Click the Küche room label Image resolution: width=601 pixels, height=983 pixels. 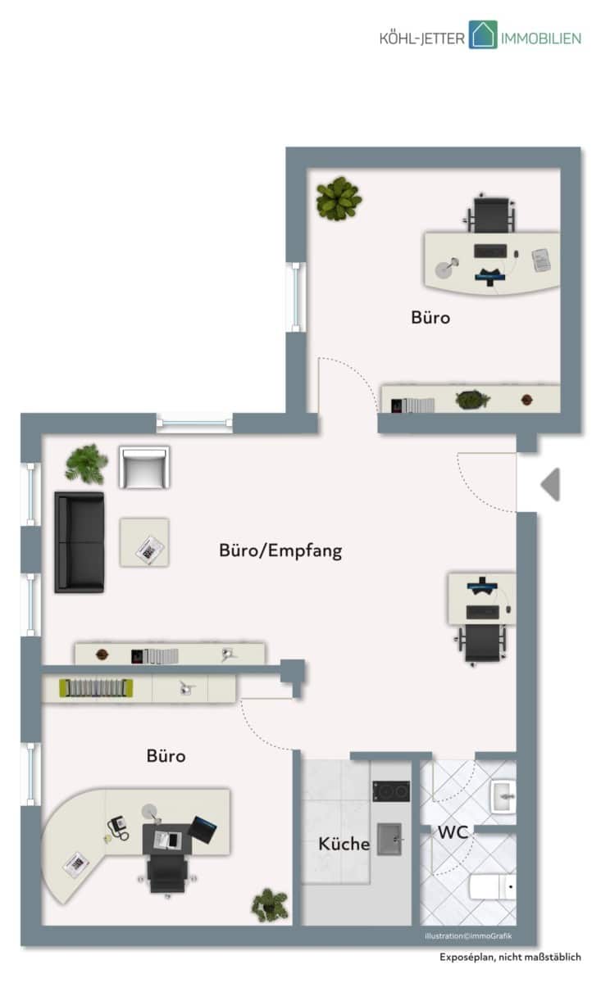click(344, 843)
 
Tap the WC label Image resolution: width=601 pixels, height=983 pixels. click(453, 832)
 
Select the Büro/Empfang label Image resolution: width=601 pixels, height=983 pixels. click(280, 550)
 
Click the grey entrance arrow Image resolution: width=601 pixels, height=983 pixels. click(550, 484)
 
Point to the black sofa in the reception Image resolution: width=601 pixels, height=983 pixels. click(79, 542)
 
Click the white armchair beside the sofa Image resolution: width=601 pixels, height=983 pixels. click(144, 468)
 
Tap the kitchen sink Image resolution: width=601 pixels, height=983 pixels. click(389, 839)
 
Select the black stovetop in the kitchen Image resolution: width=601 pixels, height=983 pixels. click(391, 790)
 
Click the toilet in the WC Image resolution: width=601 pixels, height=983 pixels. click(493, 886)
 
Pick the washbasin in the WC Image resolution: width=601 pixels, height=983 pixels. click(503, 796)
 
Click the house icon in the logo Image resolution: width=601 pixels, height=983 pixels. click(483, 34)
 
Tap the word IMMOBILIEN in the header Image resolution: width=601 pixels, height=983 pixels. click(541, 39)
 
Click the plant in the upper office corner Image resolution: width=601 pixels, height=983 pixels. click(339, 198)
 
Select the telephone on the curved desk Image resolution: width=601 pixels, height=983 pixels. click(118, 827)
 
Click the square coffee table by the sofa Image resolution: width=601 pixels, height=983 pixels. click(144, 542)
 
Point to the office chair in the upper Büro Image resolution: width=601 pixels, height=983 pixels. click(491, 214)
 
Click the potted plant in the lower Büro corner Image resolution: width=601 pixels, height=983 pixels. click(270, 905)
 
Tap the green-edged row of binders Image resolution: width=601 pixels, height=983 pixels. click(96, 687)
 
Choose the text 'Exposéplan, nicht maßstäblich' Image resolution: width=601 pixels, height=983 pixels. click(510, 957)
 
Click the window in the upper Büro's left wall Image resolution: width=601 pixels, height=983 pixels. click(296, 297)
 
